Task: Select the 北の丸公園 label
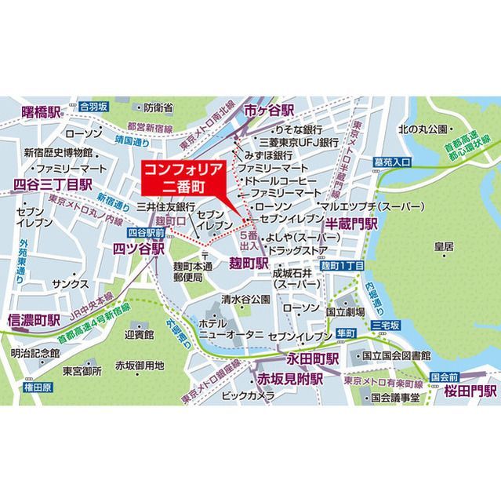click(423, 129)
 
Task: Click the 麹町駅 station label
click(249, 260)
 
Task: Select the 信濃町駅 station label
click(31, 320)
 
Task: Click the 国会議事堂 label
click(395, 397)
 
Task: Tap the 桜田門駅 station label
click(471, 390)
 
